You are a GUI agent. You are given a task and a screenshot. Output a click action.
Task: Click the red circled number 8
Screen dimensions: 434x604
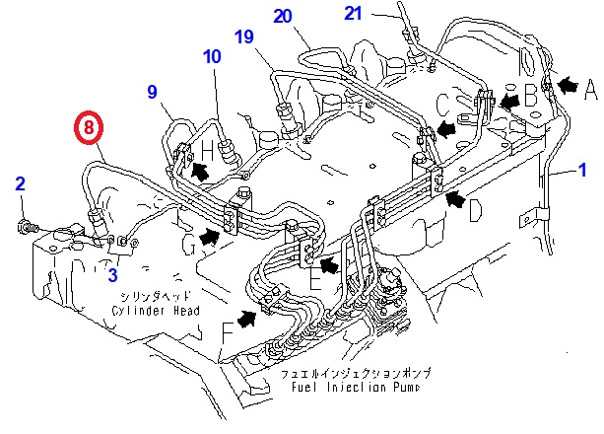click(x=89, y=128)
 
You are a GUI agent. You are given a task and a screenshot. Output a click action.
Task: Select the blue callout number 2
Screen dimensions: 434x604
click(x=21, y=182)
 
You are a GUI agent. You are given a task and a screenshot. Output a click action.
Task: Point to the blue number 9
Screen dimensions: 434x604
click(x=153, y=93)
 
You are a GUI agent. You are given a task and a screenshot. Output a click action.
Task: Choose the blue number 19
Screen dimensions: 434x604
click(x=243, y=37)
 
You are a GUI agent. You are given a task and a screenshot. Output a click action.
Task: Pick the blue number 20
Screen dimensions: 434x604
click(x=283, y=16)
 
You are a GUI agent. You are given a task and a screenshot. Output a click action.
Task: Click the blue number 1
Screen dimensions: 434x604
click(x=581, y=170)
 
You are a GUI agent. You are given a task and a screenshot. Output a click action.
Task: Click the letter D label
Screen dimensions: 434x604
click(x=476, y=210)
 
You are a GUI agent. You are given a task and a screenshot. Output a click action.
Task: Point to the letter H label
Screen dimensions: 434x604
click(x=208, y=150)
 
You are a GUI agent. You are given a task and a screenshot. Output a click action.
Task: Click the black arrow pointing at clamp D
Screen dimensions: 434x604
click(x=454, y=200)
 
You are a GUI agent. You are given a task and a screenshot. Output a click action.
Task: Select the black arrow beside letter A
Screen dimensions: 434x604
click(x=568, y=85)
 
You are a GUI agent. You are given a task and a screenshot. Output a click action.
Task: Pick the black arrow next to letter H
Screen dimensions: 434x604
click(x=201, y=170)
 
